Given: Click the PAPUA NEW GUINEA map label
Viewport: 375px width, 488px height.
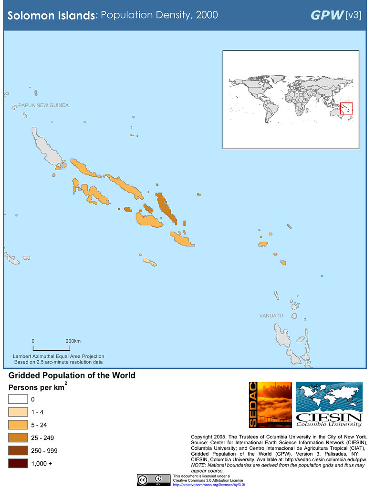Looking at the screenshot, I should (43, 105).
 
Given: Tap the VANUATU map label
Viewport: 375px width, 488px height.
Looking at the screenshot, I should (271, 316).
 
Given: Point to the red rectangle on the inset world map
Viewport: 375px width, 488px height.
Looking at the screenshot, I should (346, 109).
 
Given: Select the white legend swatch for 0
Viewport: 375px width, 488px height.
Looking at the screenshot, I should (18, 399).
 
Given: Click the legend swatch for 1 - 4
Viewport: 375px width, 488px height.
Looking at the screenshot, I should (18, 412).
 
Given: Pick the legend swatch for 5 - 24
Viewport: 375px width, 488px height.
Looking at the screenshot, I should (18, 425).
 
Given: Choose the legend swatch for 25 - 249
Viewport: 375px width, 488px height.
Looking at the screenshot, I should (18, 437).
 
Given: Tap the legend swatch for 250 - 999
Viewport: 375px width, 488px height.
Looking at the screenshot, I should (18, 450).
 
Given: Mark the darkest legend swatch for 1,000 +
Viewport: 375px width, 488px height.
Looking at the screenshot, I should (18, 463).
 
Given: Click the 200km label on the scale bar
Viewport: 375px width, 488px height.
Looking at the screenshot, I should (73, 341).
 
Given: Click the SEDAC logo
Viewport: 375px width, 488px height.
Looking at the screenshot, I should (270, 405).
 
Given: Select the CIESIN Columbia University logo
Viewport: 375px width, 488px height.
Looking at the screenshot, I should (329, 405).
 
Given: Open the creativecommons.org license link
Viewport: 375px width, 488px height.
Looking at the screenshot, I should (209, 485).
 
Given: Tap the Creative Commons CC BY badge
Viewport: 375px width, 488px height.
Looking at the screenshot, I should (154, 479).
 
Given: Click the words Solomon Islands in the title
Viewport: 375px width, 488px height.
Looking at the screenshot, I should (51, 16).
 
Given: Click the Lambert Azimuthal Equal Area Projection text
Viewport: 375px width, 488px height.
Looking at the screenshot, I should (59, 356).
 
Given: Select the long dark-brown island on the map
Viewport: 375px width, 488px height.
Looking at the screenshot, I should (166, 206).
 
